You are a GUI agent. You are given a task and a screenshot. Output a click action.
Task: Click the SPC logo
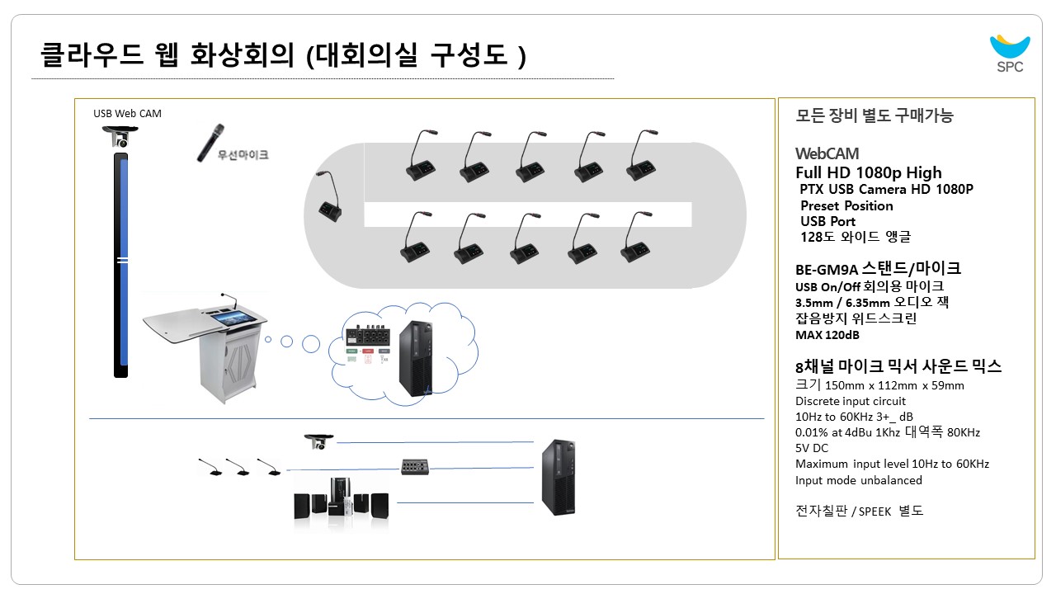[x=1009, y=54]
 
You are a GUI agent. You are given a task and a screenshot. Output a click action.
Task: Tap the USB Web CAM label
[x=127, y=113]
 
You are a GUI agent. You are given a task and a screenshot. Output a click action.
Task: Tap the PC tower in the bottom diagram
[x=559, y=478]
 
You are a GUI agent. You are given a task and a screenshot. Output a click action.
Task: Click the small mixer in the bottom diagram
[x=417, y=467]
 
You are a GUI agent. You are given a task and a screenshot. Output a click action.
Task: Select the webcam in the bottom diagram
[x=318, y=441]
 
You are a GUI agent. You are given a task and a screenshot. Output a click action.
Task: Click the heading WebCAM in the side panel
[x=827, y=153]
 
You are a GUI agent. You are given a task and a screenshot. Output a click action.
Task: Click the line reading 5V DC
[x=812, y=448]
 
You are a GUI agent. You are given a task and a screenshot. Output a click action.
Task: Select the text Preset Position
[x=846, y=205]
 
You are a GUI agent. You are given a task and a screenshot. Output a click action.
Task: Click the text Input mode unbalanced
[x=859, y=480]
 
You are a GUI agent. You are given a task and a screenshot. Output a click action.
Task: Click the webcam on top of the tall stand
[x=121, y=138]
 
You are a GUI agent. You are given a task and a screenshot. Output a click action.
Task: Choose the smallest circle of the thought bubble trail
[x=267, y=339]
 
